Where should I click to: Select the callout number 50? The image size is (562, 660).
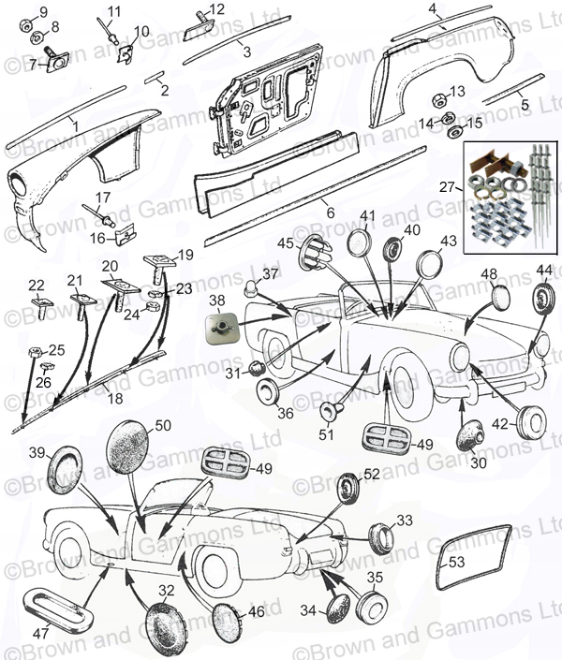163,426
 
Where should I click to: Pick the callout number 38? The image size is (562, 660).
217,301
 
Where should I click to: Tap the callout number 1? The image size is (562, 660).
76,124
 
